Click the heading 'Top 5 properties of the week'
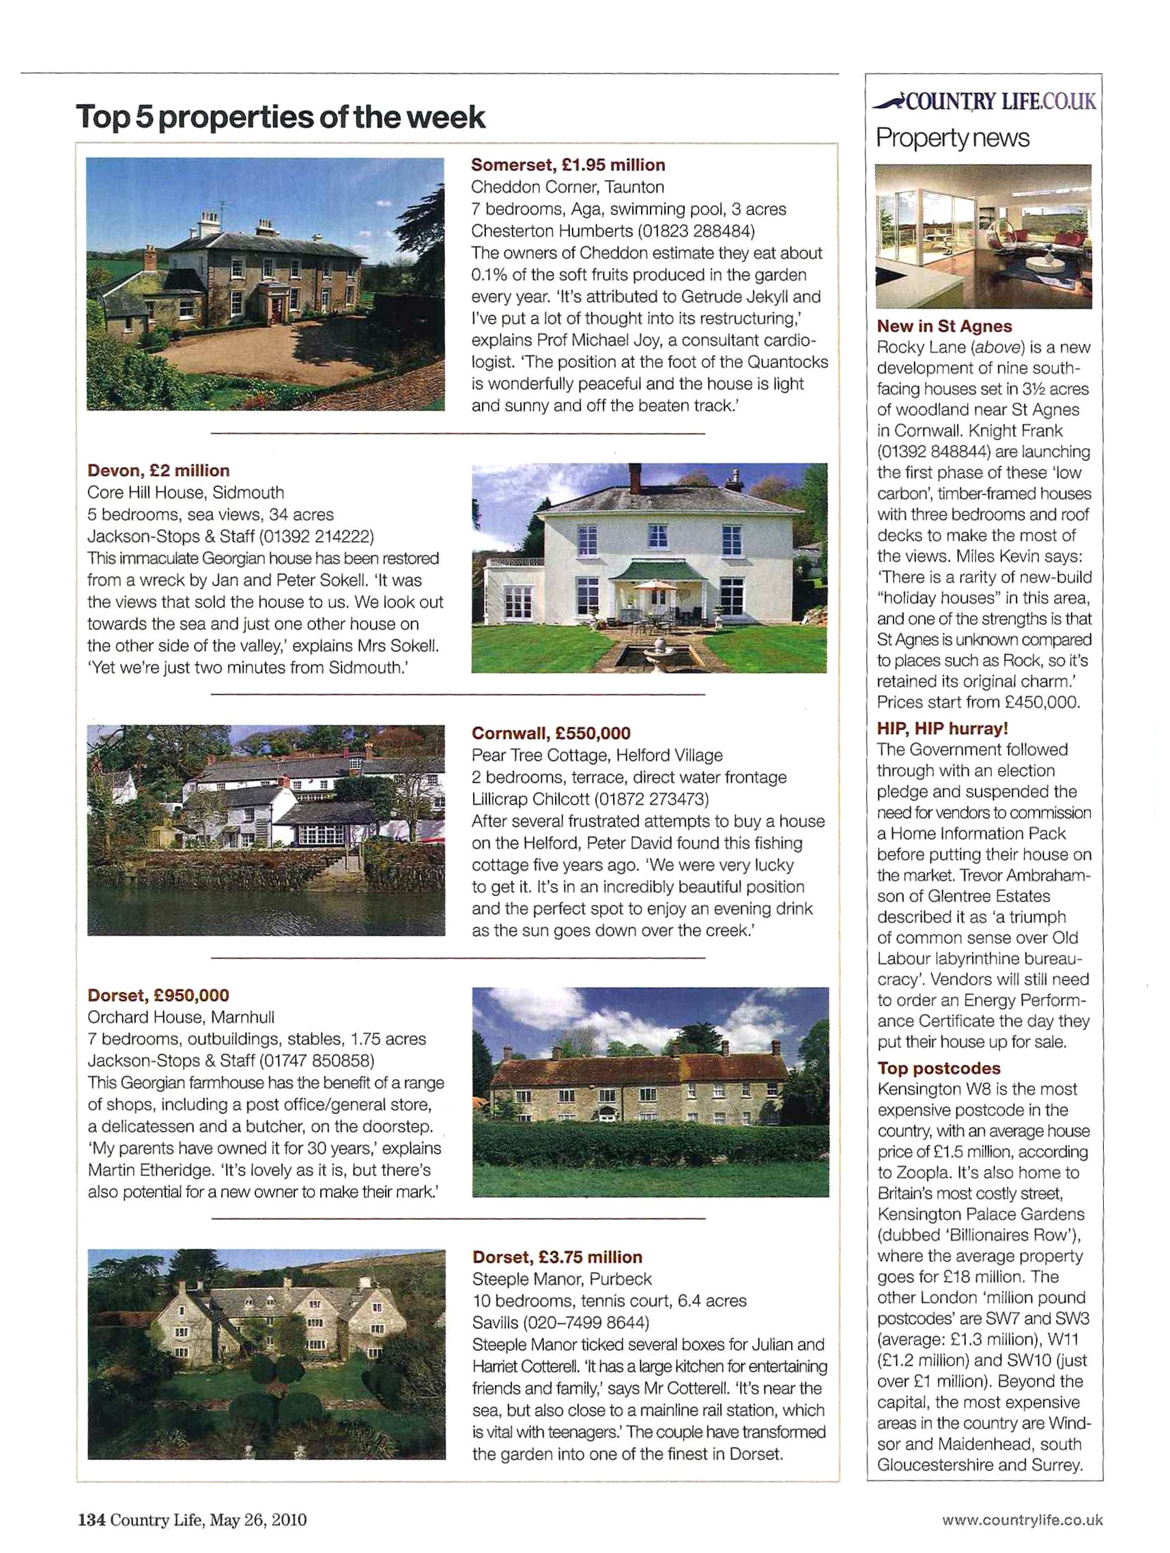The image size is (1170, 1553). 280,117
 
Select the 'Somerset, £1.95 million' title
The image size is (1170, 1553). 568,165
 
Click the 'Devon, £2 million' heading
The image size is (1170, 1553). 158,471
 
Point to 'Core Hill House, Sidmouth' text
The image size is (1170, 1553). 185,492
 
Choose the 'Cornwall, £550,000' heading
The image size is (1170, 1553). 551,733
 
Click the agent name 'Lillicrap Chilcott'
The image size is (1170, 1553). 530,799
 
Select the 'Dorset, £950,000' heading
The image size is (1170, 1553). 158,995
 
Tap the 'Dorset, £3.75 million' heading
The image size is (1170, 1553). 557,1257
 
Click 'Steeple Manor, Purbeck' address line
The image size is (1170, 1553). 562,1278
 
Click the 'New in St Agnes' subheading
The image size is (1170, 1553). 944,326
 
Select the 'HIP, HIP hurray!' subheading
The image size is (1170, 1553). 942,728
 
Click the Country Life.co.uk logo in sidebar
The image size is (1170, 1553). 984,102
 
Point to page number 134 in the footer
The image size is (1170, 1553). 91,1520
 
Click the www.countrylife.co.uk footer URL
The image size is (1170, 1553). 1022,1520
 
